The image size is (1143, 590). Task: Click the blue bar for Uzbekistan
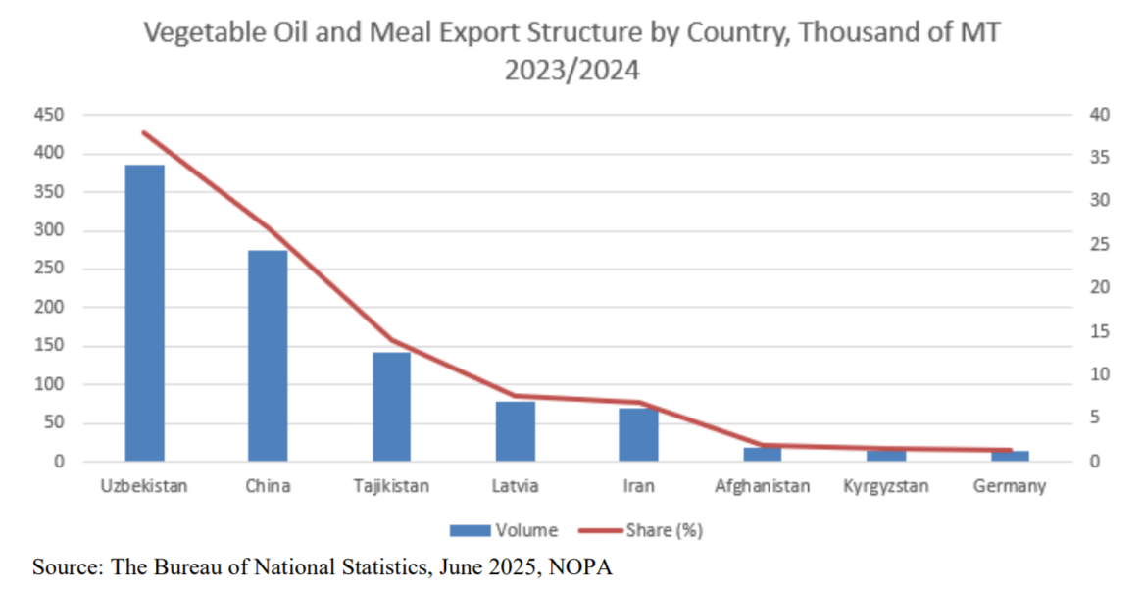[145, 313]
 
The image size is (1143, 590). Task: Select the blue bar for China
[268, 356]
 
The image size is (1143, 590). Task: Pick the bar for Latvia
[515, 431]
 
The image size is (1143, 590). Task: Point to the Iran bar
[638, 435]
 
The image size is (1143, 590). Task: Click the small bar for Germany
[1009, 456]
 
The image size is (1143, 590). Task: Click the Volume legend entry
[504, 530]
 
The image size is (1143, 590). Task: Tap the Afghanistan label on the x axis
[762, 485]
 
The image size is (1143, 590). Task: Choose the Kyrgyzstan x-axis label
[885, 485]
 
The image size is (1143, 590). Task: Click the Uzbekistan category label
[145, 485]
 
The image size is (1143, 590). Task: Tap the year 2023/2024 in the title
[571, 71]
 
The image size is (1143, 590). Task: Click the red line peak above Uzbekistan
[145, 132]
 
